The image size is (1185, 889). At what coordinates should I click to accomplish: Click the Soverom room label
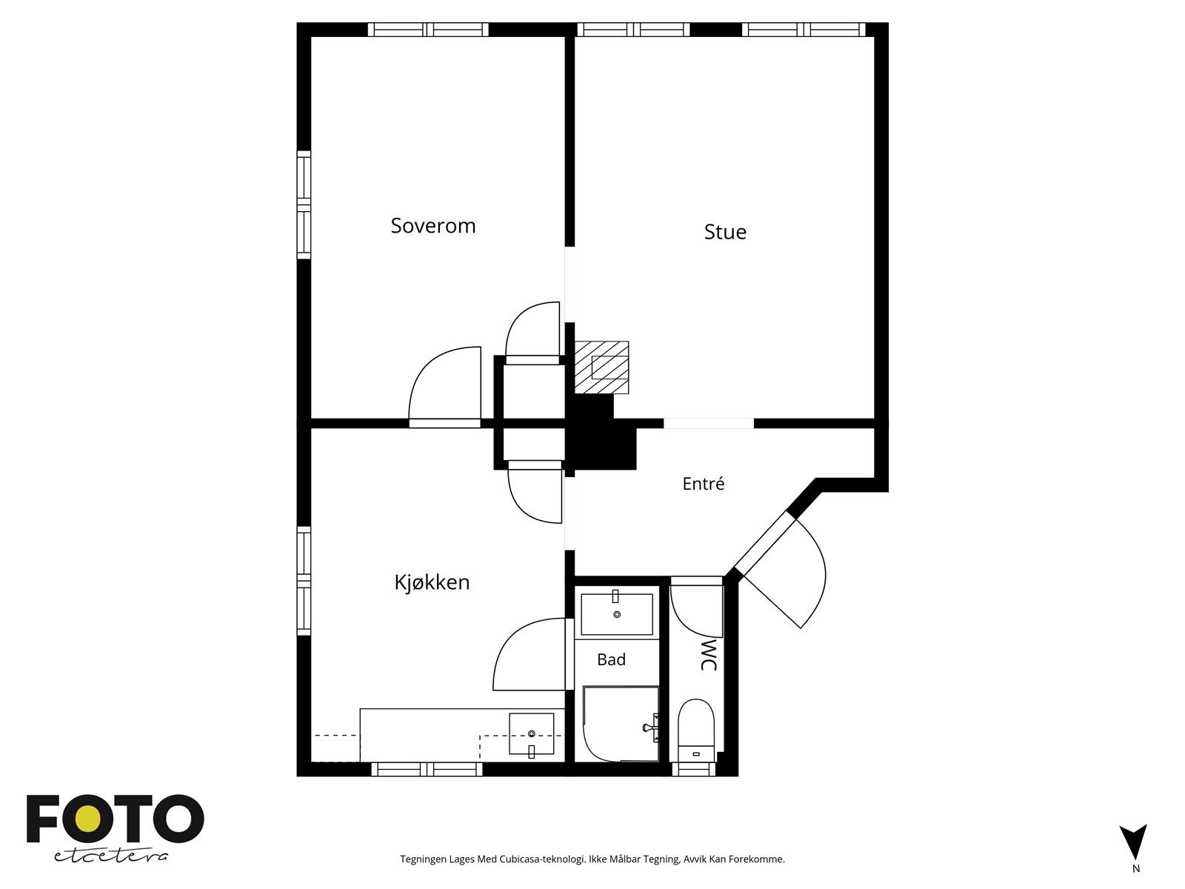click(x=433, y=226)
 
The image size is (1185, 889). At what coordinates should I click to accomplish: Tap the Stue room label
click(x=725, y=232)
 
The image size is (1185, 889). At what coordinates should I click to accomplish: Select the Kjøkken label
click(x=432, y=582)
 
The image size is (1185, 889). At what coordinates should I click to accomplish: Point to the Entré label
click(x=703, y=483)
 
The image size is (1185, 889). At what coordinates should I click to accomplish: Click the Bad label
click(x=611, y=659)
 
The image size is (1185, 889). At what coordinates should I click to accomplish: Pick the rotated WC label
click(x=708, y=655)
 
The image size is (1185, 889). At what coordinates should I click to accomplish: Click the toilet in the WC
click(x=696, y=730)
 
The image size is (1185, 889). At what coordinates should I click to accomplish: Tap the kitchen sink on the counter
click(x=531, y=733)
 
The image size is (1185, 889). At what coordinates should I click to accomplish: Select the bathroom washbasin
click(x=616, y=614)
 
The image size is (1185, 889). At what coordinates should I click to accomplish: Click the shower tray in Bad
click(x=621, y=723)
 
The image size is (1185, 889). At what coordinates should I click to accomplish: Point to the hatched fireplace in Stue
click(x=601, y=367)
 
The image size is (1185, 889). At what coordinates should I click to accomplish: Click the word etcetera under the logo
click(x=110, y=856)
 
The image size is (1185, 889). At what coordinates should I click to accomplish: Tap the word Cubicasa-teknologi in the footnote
click(x=542, y=859)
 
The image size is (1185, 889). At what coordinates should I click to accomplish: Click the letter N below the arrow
click(x=1136, y=884)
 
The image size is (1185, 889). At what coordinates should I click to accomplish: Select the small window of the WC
click(x=693, y=769)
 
